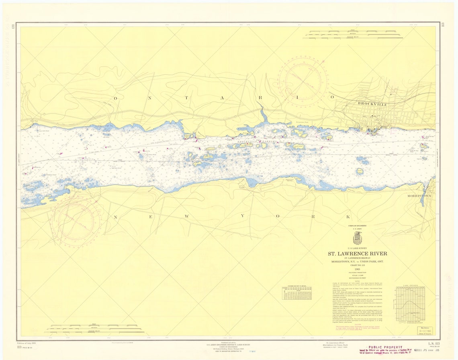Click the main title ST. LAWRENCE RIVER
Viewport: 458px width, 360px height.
pyautogui.click(x=357, y=254)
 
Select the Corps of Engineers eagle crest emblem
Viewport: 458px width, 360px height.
pyautogui.click(x=357, y=238)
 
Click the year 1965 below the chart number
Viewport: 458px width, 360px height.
pyautogui.click(x=357, y=269)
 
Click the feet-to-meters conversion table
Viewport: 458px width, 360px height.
pyautogui.click(x=296, y=293)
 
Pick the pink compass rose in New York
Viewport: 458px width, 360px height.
pyautogui.click(x=76, y=219)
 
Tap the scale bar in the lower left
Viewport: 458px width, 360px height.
pyautogui.click(x=94, y=329)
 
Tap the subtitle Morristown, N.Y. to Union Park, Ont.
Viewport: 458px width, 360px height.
pyautogui.click(x=357, y=262)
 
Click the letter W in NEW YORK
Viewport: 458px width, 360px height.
pyautogui.click(x=186, y=217)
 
